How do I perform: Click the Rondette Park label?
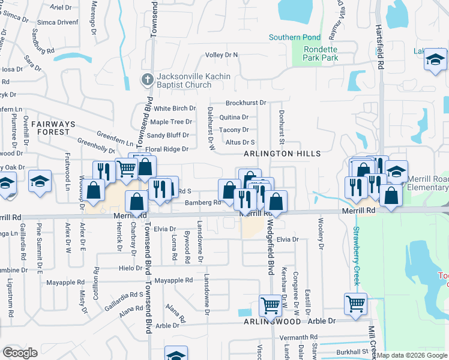[321, 53]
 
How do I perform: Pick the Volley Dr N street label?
[221, 55]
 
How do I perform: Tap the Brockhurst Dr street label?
[246, 103]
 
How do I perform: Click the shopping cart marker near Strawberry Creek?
[355, 304]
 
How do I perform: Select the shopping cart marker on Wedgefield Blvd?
[270, 305]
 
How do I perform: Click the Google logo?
[20, 353]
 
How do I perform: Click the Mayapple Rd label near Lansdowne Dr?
[173, 280]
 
